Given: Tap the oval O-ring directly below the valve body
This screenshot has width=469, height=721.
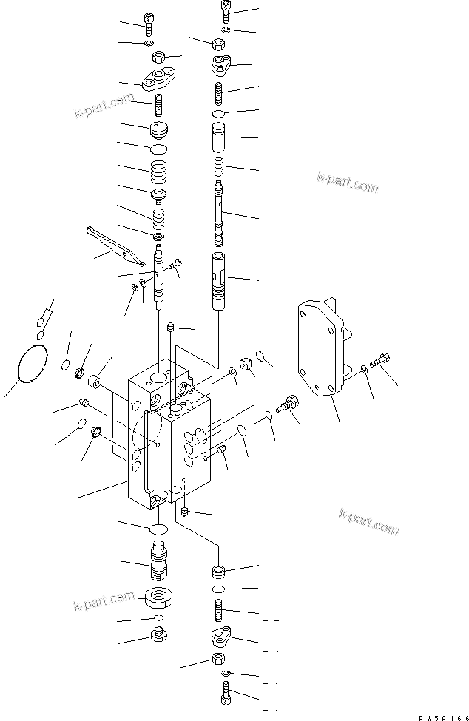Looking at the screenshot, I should (159, 528).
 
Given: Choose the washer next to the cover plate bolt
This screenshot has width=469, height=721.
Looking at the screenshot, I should (364, 368).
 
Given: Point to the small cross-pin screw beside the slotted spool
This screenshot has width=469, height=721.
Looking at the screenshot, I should (175, 263).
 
